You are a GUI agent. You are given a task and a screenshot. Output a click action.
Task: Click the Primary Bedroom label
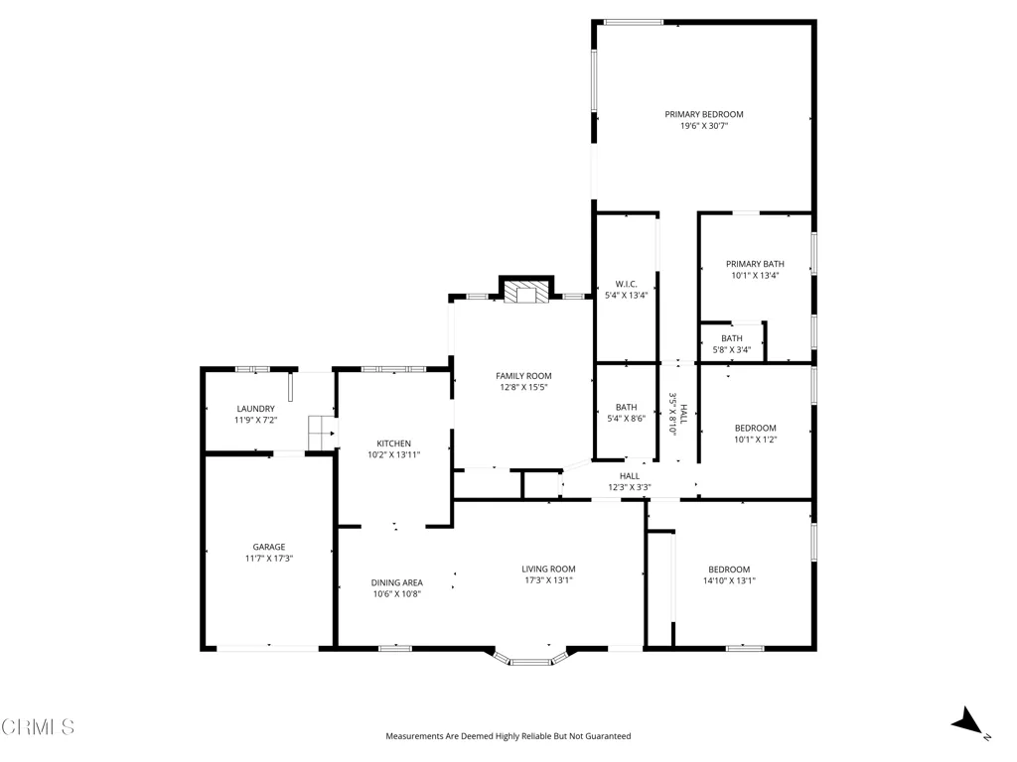[704, 115]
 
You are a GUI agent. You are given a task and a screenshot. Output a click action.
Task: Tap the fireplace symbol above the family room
[526, 293]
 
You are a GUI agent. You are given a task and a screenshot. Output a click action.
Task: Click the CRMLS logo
[38, 727]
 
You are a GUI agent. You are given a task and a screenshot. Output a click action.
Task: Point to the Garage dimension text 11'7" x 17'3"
[269, 559]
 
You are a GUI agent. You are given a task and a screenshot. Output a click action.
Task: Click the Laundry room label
[255, 409]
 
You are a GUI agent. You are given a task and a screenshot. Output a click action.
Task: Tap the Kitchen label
[393, 444]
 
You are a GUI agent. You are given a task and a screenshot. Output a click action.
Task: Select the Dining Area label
[397, 582]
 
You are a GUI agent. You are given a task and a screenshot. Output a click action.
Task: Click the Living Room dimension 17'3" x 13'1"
[548, 580]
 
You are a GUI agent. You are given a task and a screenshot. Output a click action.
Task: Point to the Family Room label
[523, 376]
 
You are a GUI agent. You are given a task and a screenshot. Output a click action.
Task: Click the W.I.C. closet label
[626, 284]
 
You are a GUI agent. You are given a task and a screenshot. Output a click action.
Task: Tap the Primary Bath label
[755, 264]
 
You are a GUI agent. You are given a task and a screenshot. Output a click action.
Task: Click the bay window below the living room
[530, 657]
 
